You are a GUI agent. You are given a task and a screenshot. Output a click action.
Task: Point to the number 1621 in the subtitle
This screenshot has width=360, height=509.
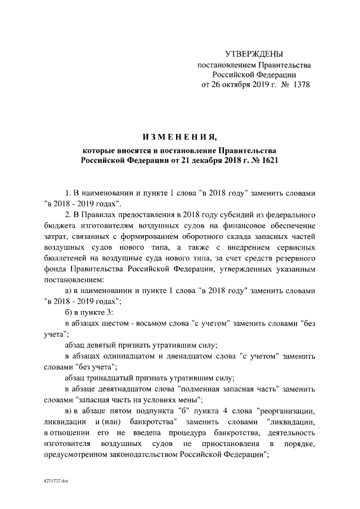(269, 160)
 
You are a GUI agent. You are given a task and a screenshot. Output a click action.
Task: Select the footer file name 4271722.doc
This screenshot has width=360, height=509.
(56, 481)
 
